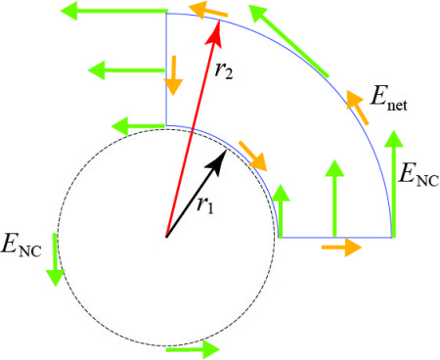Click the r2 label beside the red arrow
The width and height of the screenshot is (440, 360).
224,69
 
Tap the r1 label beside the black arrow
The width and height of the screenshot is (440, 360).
205,205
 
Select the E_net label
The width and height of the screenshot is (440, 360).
389,98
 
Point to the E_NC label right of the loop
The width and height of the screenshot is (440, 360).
419,174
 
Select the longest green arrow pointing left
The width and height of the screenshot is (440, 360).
114,11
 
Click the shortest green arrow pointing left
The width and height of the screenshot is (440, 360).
138,126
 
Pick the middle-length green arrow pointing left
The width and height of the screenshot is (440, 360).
126,70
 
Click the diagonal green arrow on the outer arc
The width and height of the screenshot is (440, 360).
288,41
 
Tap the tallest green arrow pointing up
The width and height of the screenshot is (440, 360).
394,184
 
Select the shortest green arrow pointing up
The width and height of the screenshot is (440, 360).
281,211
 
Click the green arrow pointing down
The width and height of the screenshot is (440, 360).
55,259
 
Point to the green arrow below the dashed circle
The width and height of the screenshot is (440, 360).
193,349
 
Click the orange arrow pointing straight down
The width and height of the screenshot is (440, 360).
173,75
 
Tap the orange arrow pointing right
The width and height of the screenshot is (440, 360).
341,247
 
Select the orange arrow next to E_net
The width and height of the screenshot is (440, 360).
357,108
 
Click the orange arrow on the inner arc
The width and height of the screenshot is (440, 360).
253,157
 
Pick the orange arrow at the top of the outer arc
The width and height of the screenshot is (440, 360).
208,11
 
